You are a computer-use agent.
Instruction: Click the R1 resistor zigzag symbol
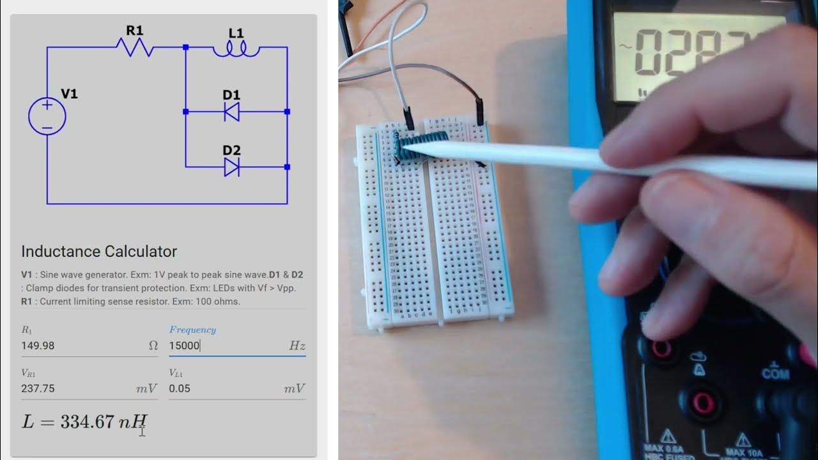(134, 47)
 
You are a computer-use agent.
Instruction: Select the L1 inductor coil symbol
(236, 50)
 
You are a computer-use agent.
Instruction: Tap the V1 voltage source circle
(47, 116)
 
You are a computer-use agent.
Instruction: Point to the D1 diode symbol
(231, 112)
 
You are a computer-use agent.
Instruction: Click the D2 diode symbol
(231, 167)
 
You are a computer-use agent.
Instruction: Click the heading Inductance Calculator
(99, 251)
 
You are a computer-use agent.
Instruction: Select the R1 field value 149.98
(38, 346)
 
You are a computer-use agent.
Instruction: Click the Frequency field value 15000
(185, 346)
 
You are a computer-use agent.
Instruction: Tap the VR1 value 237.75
(38, 388)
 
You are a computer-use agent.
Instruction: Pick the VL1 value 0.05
(180, 388)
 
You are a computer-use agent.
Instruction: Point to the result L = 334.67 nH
(84, 422)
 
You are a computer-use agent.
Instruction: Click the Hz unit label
(297, 346)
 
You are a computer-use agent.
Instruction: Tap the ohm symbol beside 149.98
(153, 346)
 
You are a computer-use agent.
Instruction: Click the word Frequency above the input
(192, 330)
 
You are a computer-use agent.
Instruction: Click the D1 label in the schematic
(231, 95)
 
